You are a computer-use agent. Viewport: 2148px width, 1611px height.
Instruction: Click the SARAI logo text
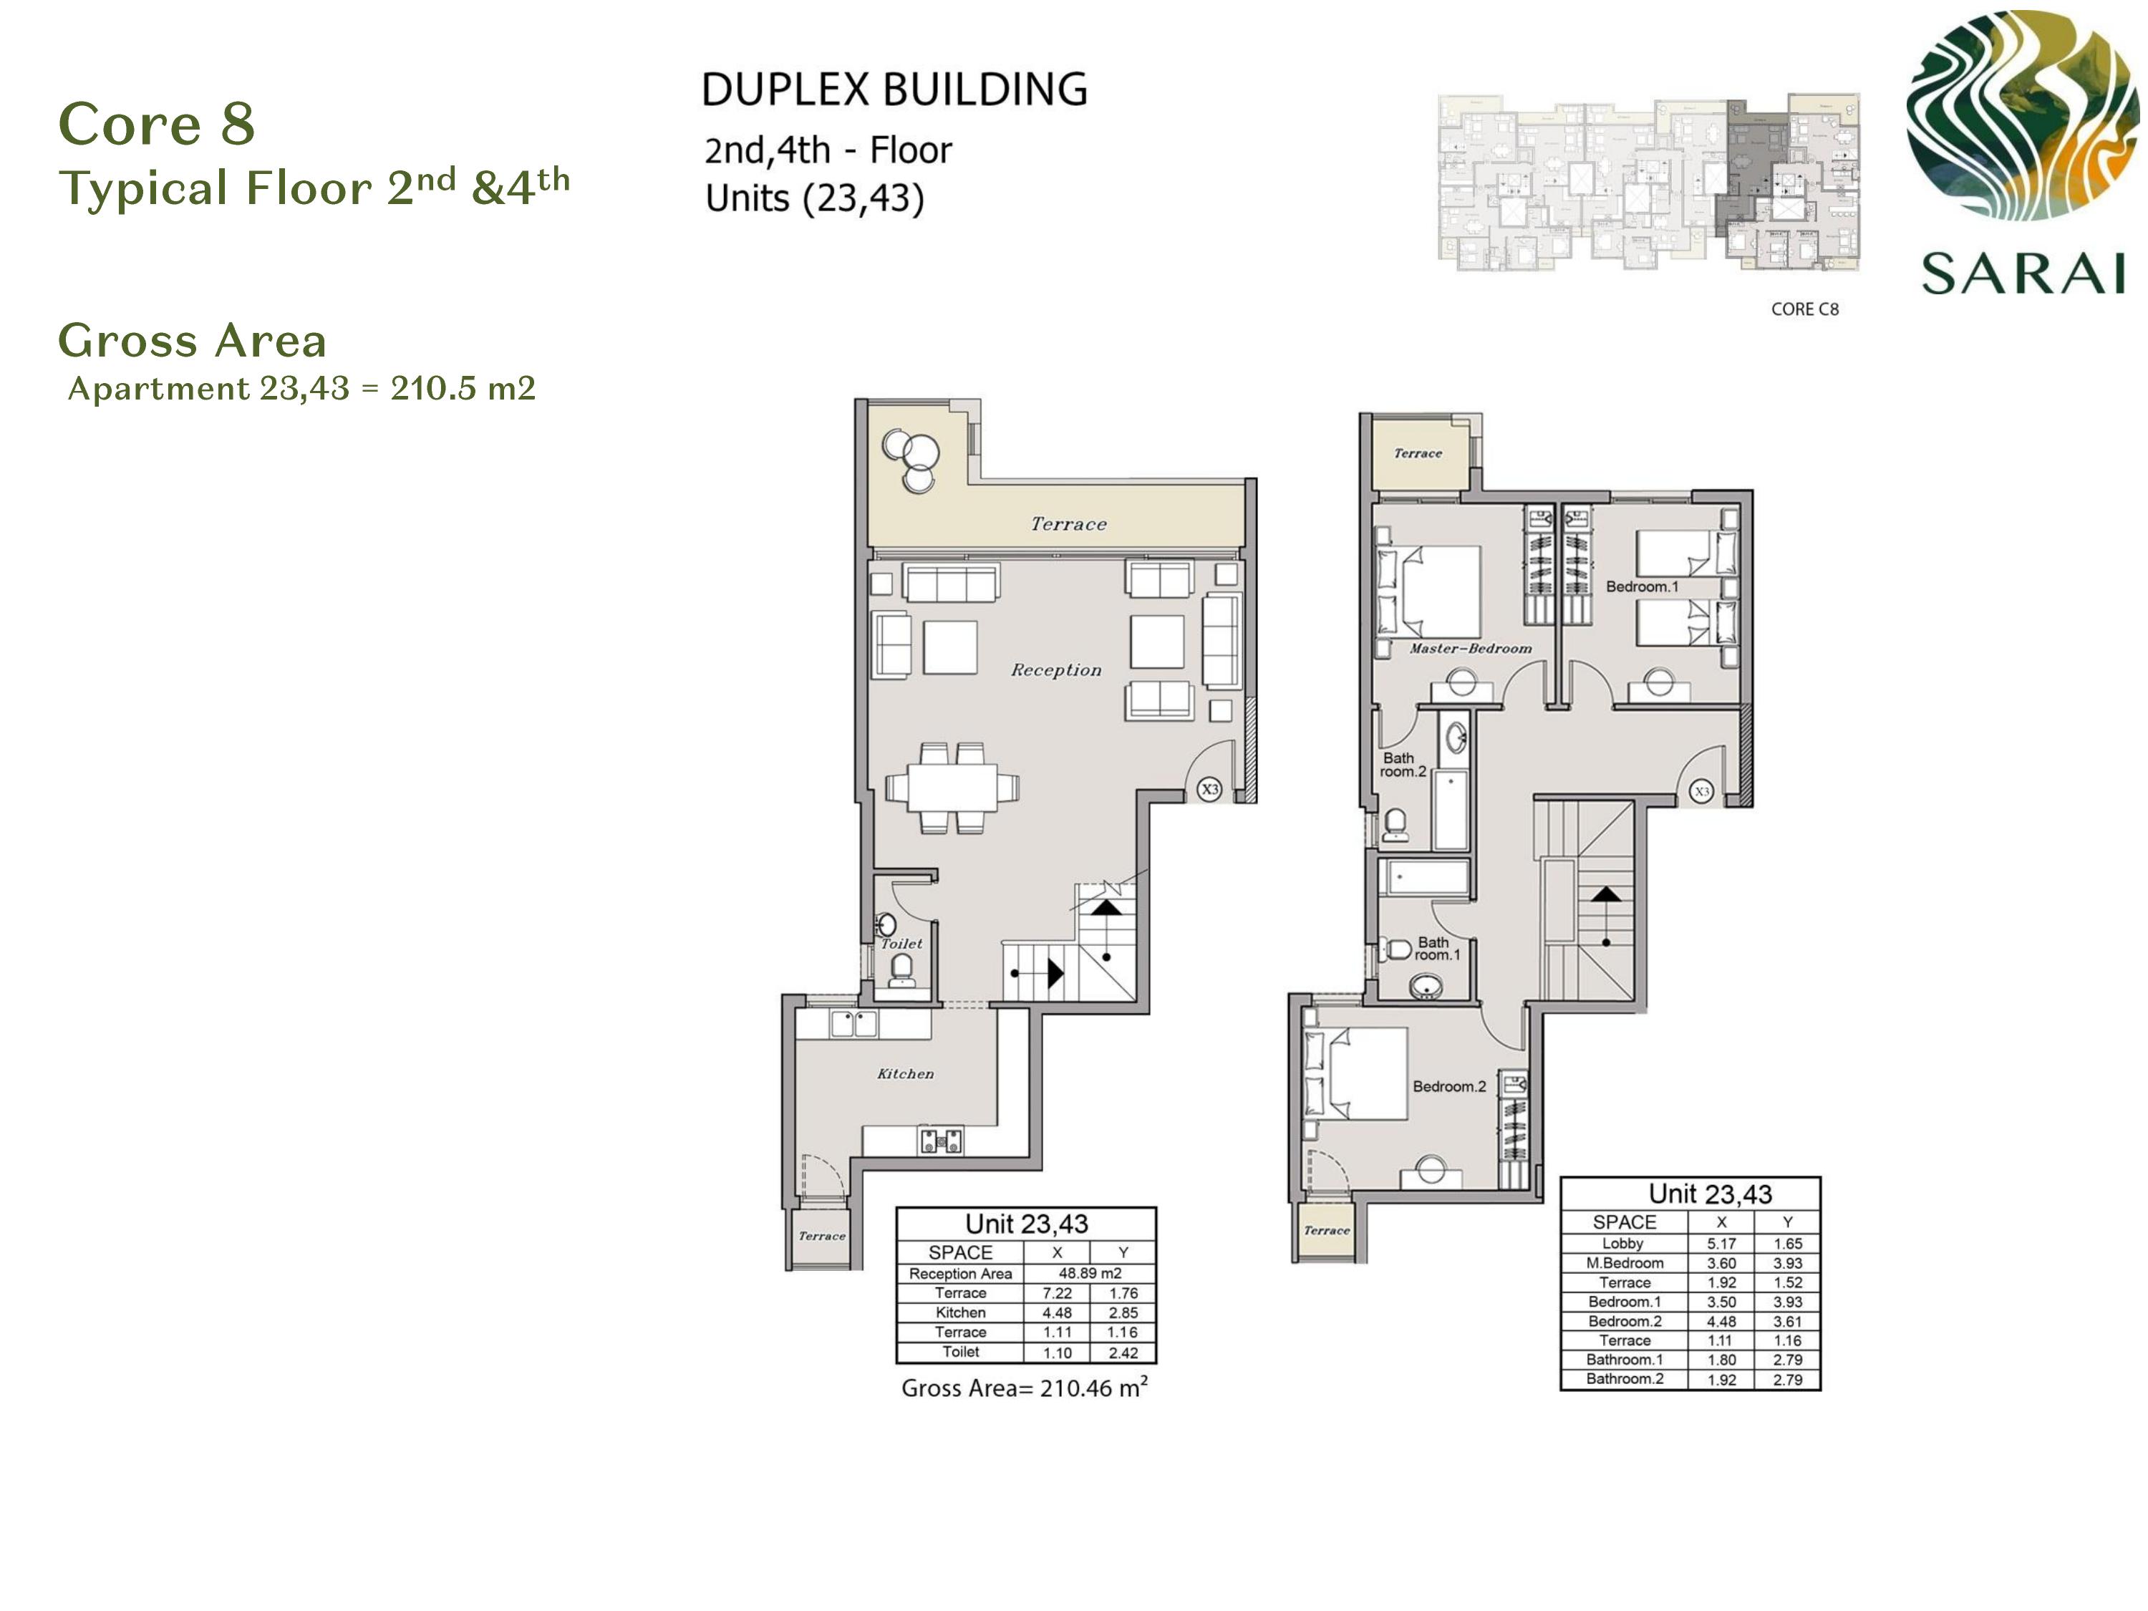(x=2023, y=273)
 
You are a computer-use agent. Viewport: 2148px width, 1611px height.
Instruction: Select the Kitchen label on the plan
(x=905, y=1073)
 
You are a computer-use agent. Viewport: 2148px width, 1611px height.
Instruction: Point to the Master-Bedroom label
(x=1470, y=648)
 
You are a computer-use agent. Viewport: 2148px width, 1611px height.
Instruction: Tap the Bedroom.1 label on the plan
(x=1641, y=586)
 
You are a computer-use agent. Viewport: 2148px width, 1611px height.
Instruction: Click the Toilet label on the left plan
(x=901, y=943)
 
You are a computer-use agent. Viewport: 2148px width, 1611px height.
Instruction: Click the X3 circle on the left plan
(x=1209, y=790)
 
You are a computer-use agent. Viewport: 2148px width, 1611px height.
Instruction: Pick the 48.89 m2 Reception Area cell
(x=1090, y=1273)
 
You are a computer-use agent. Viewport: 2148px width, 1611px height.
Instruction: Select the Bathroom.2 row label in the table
(x=1625, y=1379)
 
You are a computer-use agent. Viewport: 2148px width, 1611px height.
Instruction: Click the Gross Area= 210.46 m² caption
(x=1025, y=1388)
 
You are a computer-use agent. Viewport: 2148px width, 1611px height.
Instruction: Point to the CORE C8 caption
(x=1804, y=309)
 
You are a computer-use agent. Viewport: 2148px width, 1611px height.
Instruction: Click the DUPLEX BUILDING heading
(x=894, y=89)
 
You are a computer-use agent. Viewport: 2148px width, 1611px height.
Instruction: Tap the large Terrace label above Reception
(x=1068, y=524)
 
